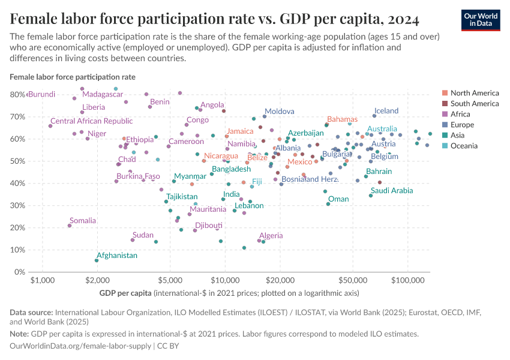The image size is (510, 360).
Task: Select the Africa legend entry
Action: pos(461,114)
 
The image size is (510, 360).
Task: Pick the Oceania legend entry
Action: pos(464,146)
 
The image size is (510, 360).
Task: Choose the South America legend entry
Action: pos(475,104)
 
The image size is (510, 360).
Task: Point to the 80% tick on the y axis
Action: pos(16,94)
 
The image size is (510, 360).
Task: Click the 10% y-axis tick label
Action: pos(16,250)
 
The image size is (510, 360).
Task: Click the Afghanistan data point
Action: pos(97,260)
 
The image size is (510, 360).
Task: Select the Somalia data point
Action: pos(70,226)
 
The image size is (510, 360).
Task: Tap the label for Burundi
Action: pos(42,94)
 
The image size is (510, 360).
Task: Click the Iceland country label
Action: pos(386,111)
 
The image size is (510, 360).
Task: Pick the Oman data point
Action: pos(328,204)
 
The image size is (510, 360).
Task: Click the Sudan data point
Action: pos(133,240)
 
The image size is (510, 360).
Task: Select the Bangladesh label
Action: pos(231,169)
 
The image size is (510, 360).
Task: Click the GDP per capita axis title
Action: pos(125,293)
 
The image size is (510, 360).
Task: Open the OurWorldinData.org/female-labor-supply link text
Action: pos(81,346)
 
